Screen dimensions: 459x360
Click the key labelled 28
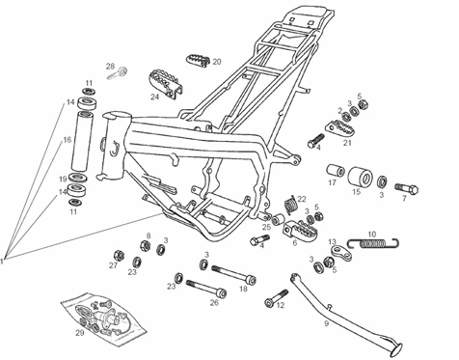(117, 73)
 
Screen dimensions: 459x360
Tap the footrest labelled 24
(166, 83)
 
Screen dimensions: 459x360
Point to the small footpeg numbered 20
(198, 60)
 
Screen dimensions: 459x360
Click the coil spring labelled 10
(373, 243)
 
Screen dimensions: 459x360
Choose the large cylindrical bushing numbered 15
(361, 177)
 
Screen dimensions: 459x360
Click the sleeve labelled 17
(336, 171)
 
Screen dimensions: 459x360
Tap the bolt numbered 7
(406, 188)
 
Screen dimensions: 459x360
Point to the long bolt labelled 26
(206, 288)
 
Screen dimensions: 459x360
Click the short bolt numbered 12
(276, 298)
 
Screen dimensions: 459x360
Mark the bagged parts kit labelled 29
(103, 319)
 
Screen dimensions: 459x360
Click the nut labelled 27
(119, 255)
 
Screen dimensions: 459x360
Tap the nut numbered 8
(145, 246)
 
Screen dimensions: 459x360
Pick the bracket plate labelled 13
(340, 253)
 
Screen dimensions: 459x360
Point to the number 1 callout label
(2, 262)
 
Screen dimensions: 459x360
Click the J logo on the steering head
(114, 149)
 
